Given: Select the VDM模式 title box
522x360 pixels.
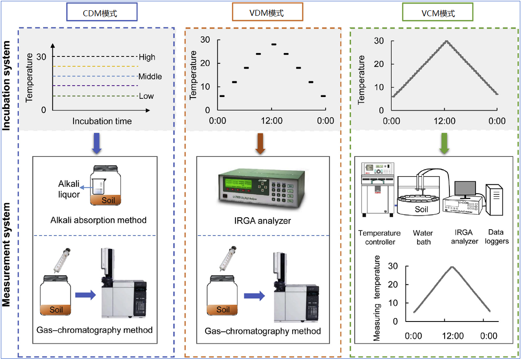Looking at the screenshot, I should pyautogui.click(x=267, y=13).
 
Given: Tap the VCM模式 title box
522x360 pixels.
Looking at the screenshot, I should pyautogui.click(x=438, y=13).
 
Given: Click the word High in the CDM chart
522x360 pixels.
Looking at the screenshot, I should pyautogui.click(x=147, y=57).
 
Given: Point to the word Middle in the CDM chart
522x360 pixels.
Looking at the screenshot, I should pyautogui.click(x=150, y=77).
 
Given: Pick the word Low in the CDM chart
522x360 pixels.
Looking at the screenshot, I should pyautogui.click(x=146, y=96).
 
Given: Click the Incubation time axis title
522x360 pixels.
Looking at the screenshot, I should pyautogui.click(x=102, y=121).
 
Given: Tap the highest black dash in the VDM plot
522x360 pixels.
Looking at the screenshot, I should pyautogui.click(x=274, y=44).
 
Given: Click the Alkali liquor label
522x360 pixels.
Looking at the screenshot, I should pyautogui.click(x=69, y=189).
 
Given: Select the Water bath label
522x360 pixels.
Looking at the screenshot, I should pyautogui.click(x=423, y=237).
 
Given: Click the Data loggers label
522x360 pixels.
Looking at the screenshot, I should pyautogui.click(x=497, y=237).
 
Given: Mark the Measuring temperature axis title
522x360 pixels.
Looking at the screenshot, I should pyautogui.click(x=377, y=298).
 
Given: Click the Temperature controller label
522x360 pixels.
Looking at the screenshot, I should pyautogui.click(x=379, y=237).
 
